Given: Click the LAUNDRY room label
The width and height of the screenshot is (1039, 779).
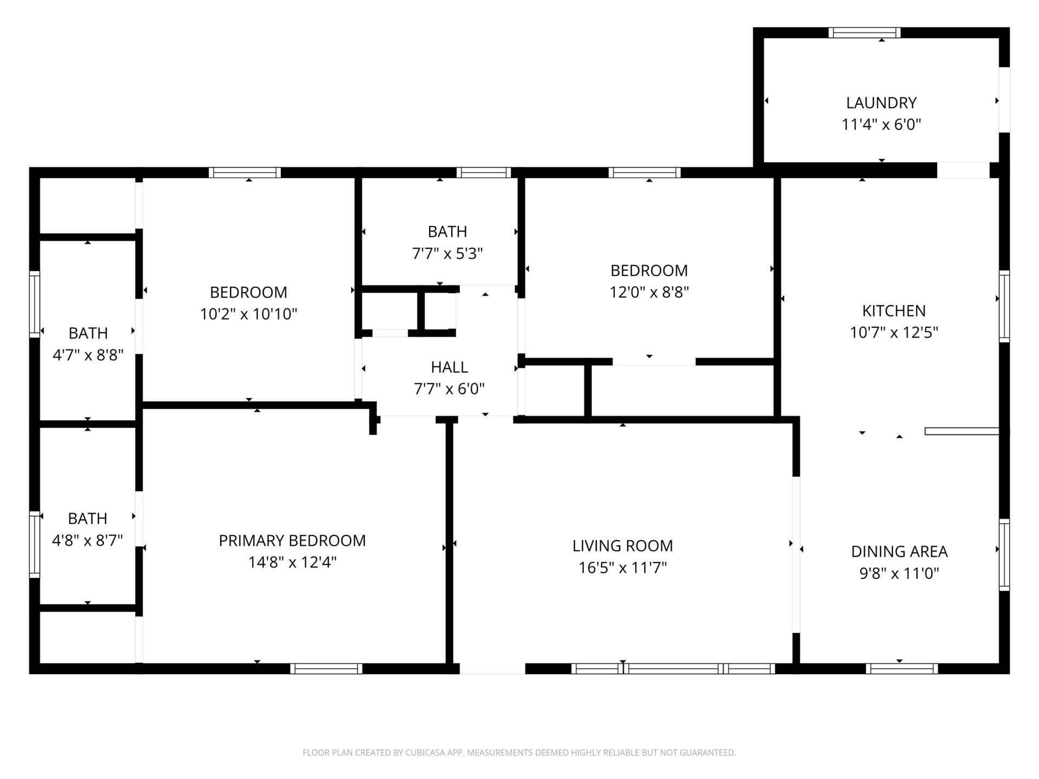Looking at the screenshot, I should tap(881, 103).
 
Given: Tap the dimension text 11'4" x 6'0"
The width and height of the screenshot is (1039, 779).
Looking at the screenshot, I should tap(881, 125).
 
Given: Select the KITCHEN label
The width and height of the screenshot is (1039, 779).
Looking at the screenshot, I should tap(893, 311).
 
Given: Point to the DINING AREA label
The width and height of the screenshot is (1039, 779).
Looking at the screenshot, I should tap(899, 551).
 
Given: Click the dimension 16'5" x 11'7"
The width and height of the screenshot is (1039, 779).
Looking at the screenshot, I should tap(622, 568).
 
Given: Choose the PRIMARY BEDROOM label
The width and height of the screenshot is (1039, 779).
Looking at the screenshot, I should tap(292, 540).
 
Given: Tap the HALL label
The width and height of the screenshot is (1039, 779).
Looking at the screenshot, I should tap(449, 367).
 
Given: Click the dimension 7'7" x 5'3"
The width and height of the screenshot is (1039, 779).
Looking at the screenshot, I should tap(447, 254).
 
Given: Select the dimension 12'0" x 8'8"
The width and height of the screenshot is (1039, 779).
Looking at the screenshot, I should tap(649, 293).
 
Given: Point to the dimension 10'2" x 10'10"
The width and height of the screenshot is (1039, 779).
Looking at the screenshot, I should tap(248, 314).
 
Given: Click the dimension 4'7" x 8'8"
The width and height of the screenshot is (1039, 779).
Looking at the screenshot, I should tap(88, 355).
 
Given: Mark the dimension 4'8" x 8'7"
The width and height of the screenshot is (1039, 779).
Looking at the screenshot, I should tap(87, 540).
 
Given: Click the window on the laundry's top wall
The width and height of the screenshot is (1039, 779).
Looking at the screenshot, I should tap(864, 32).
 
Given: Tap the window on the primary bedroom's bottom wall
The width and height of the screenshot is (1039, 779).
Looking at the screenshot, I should tap(326, 669).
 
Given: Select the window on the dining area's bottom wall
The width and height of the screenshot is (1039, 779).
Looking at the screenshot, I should tap(901, 669).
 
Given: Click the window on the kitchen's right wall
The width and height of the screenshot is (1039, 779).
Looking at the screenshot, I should tap(1004, 306).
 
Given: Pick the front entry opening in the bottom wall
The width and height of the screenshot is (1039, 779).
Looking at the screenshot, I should tap(492, 669).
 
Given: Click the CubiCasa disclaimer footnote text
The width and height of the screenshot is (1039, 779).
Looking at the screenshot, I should tap(519, 752).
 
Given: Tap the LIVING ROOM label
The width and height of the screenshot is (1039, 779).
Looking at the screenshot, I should tap(622, 546).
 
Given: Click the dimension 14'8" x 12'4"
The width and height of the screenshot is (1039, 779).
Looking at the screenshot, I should tap(292, 563).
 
